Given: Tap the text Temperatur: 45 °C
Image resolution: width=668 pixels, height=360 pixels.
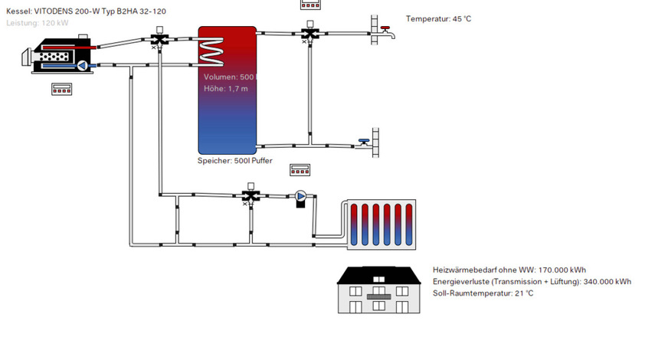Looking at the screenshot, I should coord(438,18).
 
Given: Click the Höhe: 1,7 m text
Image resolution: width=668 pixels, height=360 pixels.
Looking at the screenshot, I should coord(225,89).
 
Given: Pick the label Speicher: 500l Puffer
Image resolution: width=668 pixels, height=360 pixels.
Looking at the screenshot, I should coord(234,162).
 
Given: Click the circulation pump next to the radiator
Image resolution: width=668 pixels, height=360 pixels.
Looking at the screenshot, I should coord(301,197).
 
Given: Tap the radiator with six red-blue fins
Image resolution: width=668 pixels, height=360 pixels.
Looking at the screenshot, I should coord(381,224).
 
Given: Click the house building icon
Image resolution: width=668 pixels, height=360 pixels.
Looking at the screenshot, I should coord(381,290).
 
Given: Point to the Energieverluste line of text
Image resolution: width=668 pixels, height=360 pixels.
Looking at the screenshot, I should coord(532,282).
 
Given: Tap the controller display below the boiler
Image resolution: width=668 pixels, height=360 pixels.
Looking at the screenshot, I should coord(61,89).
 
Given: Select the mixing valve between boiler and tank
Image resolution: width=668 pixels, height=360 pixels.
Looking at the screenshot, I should coord(159,38).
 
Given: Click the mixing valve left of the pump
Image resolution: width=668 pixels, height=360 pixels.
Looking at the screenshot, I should coord(249,195).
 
